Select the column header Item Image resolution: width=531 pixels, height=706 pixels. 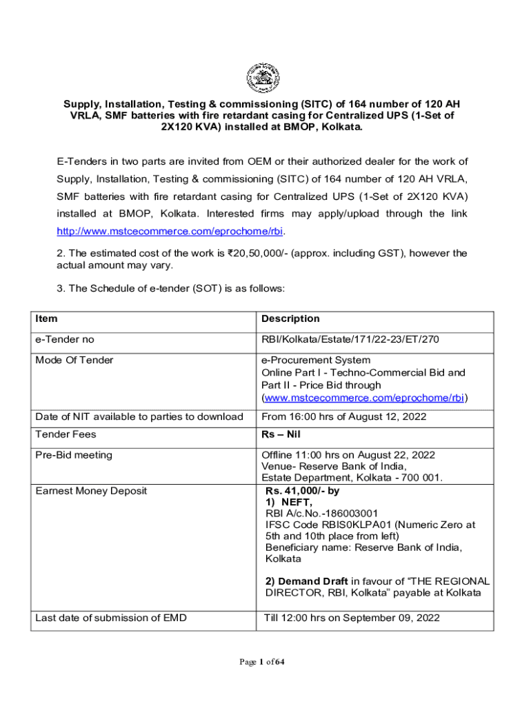coord(47,319)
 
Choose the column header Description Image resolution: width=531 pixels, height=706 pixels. coord(290,319)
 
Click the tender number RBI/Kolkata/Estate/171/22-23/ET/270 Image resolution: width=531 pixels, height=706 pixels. coord(350,339)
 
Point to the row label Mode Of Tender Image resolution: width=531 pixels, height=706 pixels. coord(74,360)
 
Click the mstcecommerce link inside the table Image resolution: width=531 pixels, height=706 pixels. coord(363,398)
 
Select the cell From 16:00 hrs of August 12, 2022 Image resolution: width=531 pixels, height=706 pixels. coord(343,416)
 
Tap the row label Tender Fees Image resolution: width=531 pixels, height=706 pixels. coord(66,434)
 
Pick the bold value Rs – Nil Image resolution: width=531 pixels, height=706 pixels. coord(281,434)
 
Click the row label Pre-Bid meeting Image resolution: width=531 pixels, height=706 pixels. coord(74,455)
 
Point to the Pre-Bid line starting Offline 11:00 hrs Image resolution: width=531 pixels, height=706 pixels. coord(348,455)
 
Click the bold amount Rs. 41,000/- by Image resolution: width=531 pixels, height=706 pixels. coord(302,492)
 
